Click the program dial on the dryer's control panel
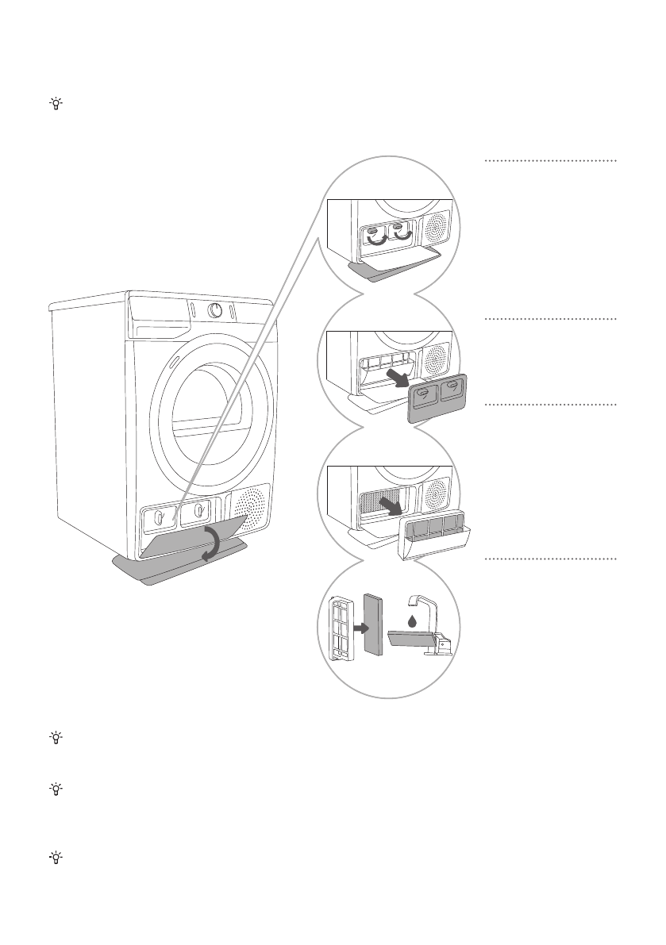click(x=216, y=311)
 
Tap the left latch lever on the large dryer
click(x=159, y=517)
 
